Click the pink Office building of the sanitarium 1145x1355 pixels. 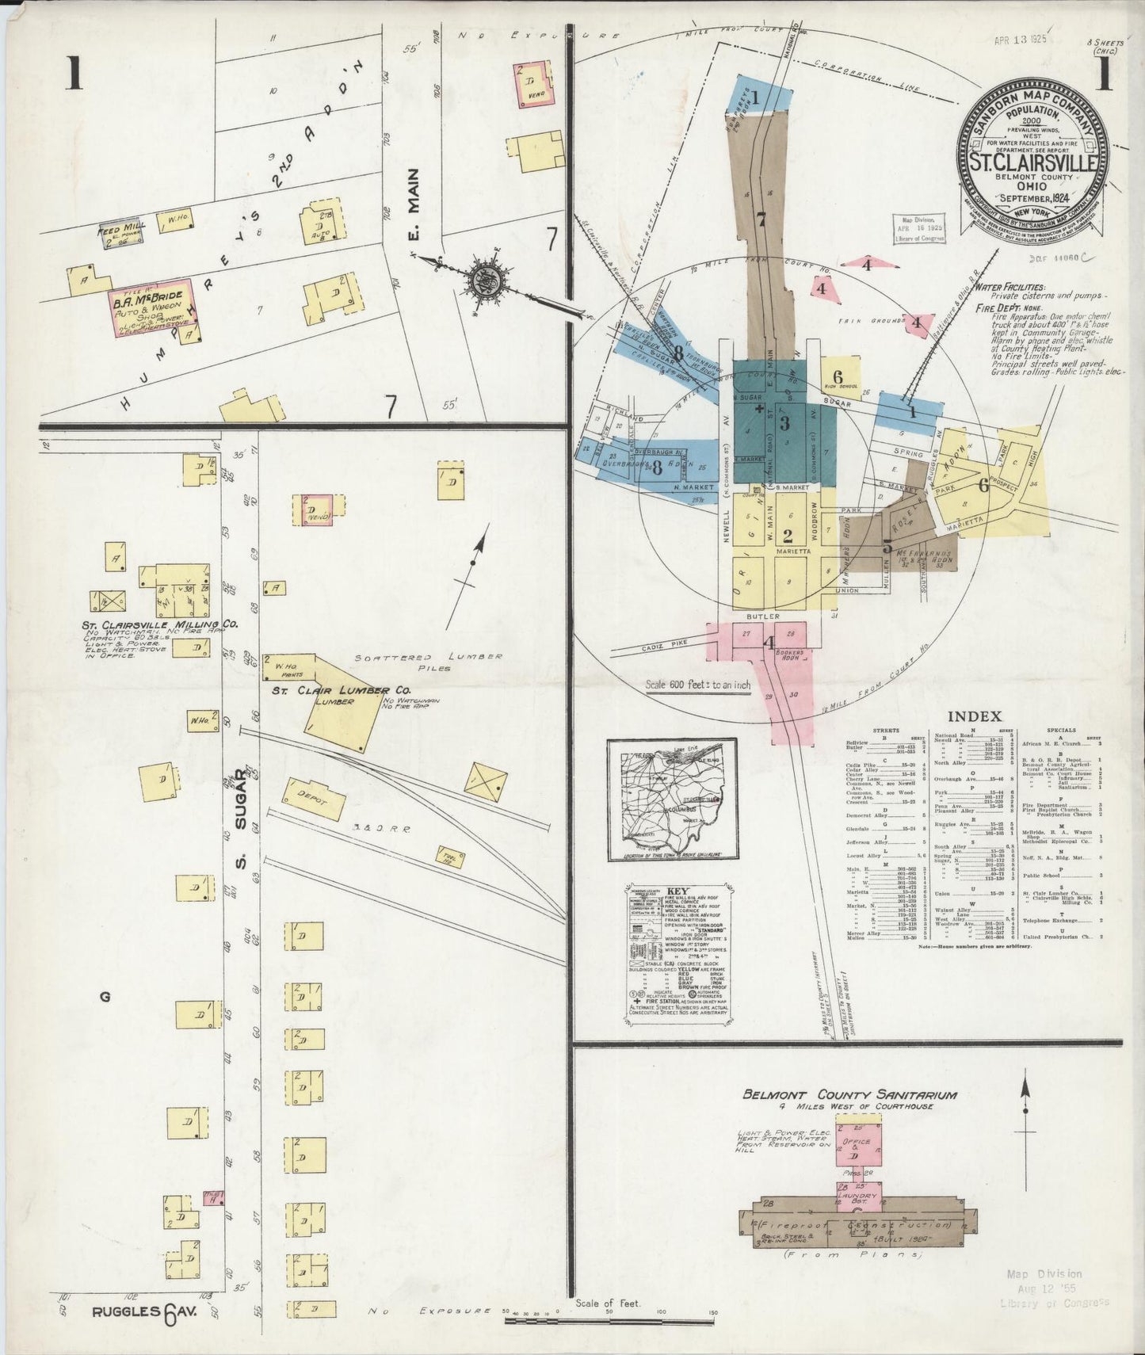pyautogui.click(x=855, y=1151)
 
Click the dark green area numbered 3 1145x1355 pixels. pyautogui.click(x=784, y=422)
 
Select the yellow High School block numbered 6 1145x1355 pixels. pyautogui.click(x=837, y=379)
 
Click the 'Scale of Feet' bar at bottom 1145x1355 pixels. pyautogui.click(x=610, y=1319)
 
